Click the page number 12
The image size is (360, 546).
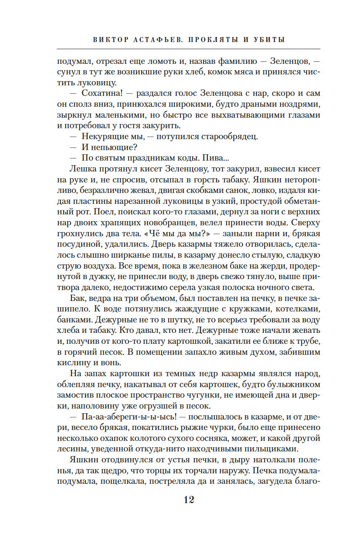click(188, 500)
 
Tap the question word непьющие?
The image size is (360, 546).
click(114, 148)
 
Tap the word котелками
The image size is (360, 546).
click(277, 310)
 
